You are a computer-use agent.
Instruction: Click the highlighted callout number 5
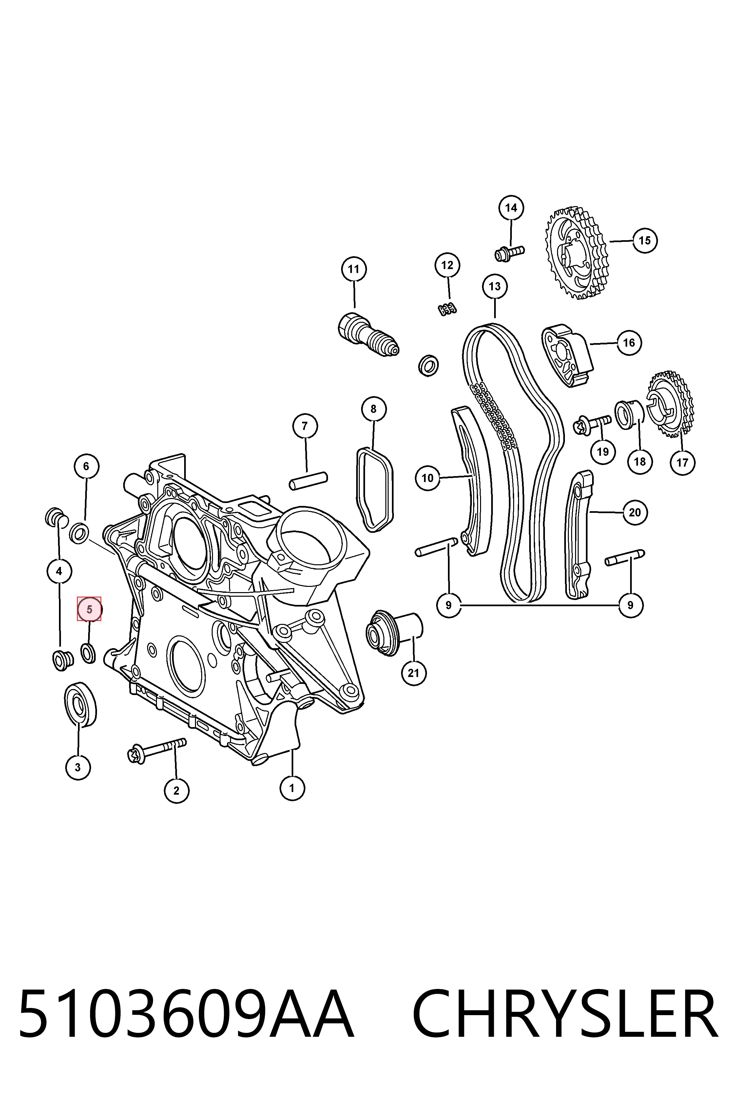click(89, 609)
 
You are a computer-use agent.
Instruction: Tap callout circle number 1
click(292, 788)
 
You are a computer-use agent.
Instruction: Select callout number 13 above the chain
click(495, 286)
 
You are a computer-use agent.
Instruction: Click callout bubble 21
click(413, 673)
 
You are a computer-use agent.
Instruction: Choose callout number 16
click(629, 343)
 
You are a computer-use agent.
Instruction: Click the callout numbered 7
click(305, 426)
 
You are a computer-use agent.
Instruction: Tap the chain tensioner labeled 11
click(368, 335)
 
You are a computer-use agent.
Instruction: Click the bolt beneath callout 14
click(509, 253)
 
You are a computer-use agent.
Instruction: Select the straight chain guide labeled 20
click(580, 535)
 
